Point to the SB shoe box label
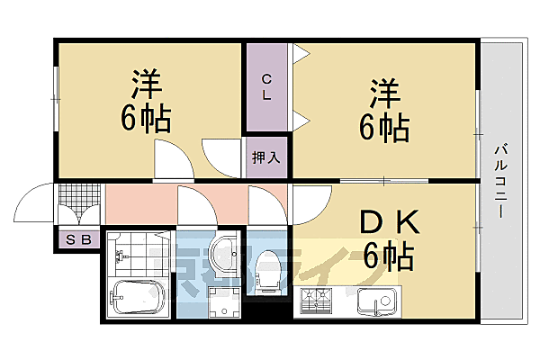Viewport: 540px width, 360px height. coord(72,239)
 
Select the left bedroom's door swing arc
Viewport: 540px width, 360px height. coord(173,162)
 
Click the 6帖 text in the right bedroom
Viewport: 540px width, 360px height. coord(384,127)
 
